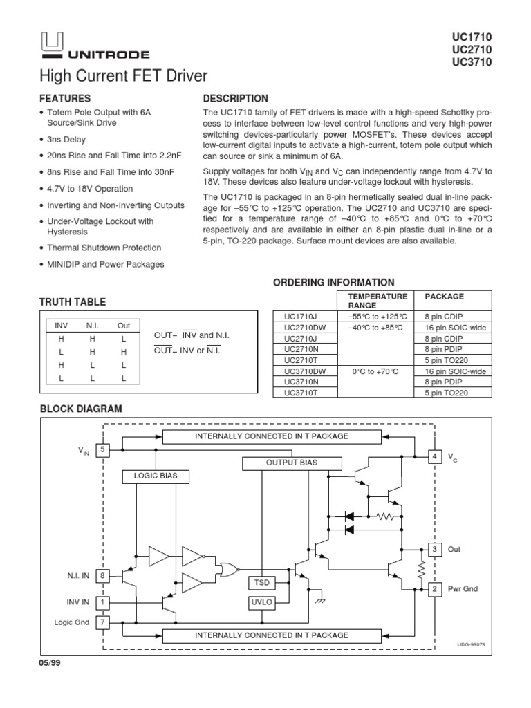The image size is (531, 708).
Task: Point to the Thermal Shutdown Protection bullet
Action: point(104,248)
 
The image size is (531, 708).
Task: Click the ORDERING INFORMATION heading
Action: point(334,282)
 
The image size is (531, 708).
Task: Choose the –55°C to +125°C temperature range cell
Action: point(379,315)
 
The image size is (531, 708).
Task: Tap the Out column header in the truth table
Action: point(123,325)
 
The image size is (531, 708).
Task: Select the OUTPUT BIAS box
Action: point(286,462)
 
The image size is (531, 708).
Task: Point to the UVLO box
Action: point(261,602)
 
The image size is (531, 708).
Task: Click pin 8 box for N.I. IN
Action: point(103,575)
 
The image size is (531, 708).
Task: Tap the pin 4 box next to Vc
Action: point(434,457)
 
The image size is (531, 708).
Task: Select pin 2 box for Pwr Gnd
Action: point(434,589)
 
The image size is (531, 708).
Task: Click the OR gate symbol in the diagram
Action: point(227,569)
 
